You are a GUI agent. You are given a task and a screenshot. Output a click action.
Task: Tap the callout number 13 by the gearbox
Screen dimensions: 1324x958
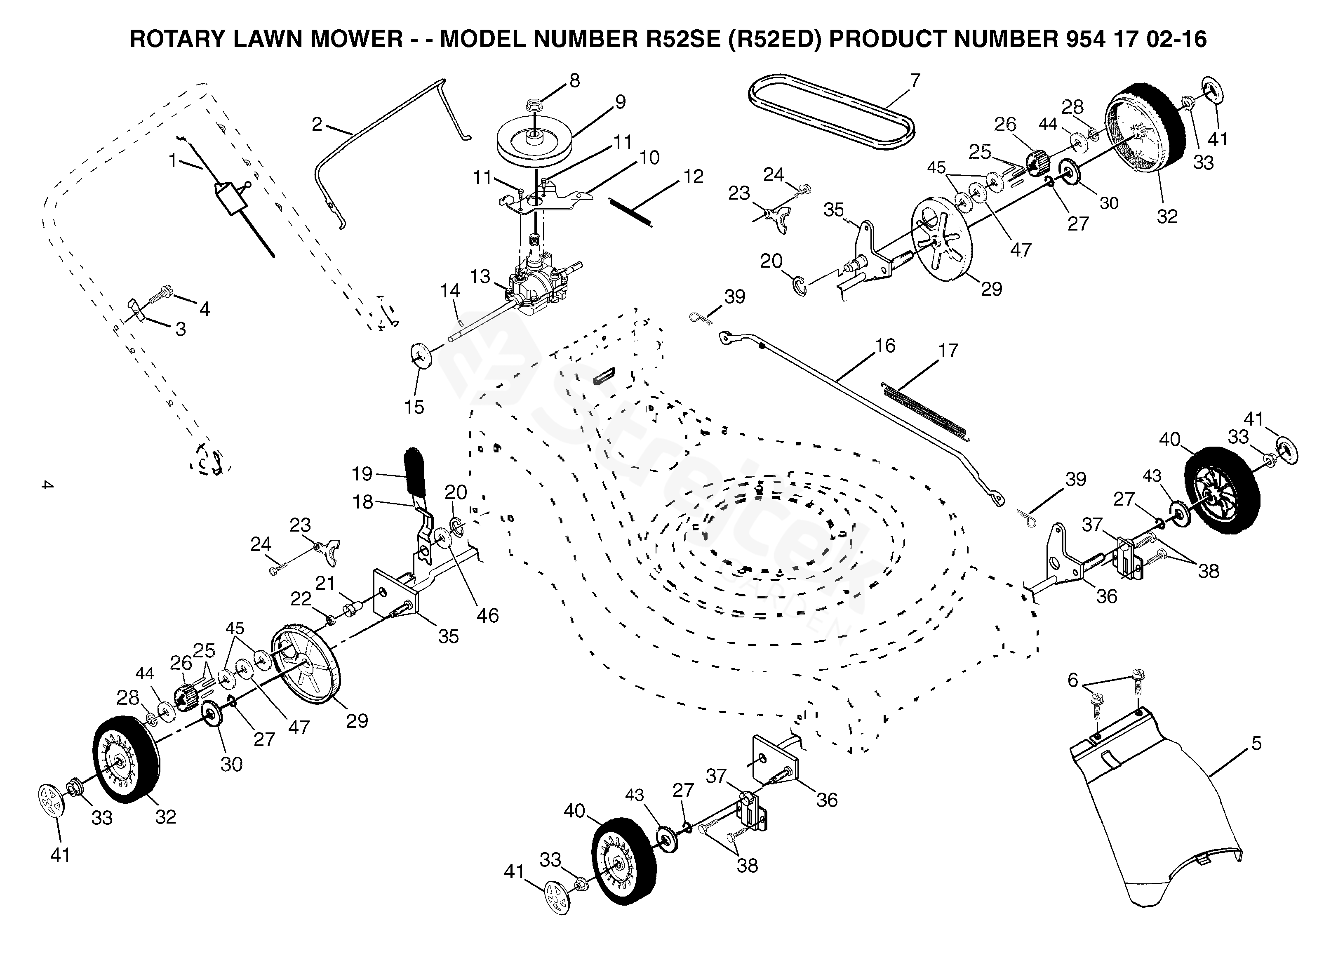coord(480,276)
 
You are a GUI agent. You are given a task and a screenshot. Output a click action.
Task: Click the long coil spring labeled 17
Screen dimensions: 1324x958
coord(926,411)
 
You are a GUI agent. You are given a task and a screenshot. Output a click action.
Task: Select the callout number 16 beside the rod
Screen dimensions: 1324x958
coord(885,346)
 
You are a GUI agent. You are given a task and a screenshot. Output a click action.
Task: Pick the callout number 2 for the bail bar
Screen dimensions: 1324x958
coord(317,125)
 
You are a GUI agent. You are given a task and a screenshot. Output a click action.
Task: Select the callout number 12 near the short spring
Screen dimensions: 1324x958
coord(693,177)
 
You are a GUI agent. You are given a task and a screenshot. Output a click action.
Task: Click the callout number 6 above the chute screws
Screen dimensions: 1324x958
coord(1072,680)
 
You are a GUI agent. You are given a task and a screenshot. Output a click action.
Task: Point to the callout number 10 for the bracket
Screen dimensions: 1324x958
coord(649,158)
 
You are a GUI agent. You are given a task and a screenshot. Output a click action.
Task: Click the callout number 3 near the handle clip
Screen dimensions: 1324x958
coord(181,329)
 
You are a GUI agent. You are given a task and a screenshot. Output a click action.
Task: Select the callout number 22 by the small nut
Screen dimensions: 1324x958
coord(301,598)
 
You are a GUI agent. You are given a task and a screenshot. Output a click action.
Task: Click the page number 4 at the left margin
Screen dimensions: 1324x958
coord(47,485)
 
